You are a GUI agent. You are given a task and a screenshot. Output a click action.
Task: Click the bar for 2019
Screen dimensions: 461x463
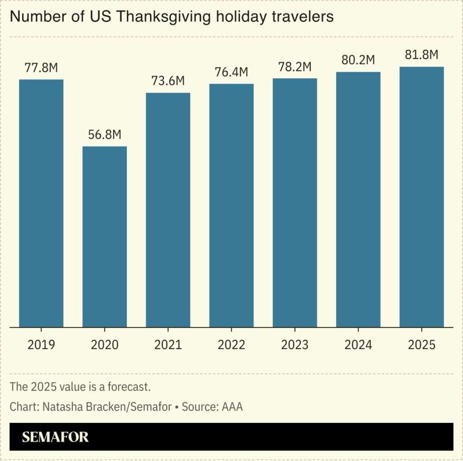(41, 203)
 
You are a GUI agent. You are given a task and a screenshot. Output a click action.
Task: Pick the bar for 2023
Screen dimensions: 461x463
(295, 203)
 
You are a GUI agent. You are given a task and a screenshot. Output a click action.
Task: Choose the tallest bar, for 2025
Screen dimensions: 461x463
(422, 197)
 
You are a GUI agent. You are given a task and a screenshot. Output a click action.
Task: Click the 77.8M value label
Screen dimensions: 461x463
(41, 68)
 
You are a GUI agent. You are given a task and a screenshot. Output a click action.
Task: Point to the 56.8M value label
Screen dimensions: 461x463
(104, 134)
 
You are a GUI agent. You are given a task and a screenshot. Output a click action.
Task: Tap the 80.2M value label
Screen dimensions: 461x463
(358, 60)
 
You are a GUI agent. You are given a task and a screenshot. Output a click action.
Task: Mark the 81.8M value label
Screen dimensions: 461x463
(422, 55)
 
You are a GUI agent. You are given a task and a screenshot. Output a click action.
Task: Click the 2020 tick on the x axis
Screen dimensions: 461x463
(104, 345)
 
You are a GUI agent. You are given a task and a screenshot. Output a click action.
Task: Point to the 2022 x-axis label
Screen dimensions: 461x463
(231, 345)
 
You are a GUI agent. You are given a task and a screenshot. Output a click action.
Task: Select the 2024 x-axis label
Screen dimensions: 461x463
(358, 345)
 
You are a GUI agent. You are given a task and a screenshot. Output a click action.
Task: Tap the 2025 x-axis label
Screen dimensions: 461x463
(422, 345)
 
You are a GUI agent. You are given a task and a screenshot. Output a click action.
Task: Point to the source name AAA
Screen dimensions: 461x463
(231, 407)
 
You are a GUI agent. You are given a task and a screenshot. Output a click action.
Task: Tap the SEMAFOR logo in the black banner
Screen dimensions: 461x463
(55, 437)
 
